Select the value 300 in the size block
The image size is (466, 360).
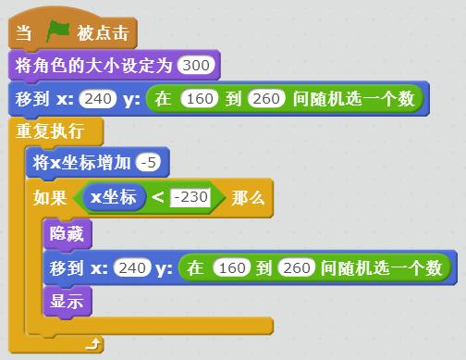point(198,66)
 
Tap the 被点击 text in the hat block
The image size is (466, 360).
point(103,34)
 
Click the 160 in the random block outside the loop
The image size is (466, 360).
point(200,98)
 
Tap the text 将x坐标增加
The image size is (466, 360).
point(80,164)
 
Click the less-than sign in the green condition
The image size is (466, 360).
point(158,197)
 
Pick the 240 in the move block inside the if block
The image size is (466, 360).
point(133,268)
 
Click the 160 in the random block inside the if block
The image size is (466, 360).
point(229,268)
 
